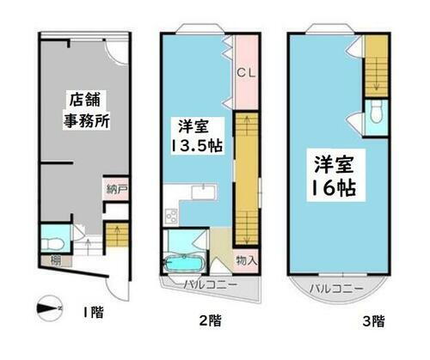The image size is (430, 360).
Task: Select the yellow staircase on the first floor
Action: point(114,235)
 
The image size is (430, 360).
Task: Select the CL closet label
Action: point(244,72)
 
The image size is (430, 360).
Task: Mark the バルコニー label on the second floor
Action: point(206,283)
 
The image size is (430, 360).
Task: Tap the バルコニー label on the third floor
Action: point(336,284)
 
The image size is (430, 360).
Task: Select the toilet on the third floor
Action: point(375,111)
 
